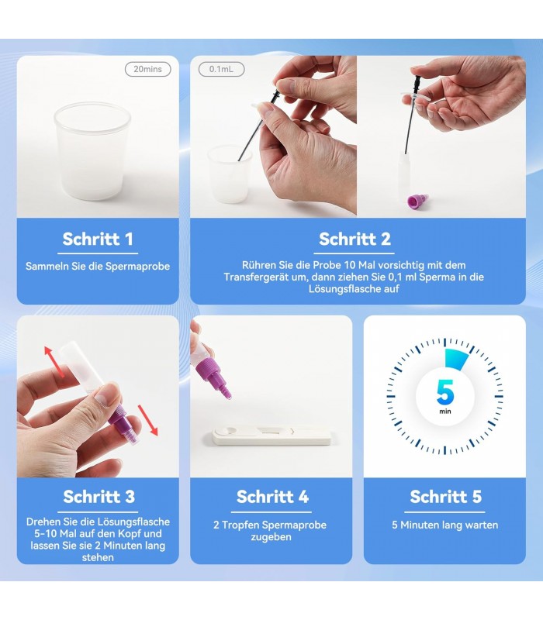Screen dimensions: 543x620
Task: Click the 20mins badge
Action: (x=147, y=69)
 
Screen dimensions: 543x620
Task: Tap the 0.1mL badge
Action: (x=221, y=69)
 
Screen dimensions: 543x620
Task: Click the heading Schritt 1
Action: (x=98, y=239)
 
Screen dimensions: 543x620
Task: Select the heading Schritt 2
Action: (x=355, y=239)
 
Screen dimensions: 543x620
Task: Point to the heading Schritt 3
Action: (x=99, y=497)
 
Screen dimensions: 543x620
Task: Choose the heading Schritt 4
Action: (x=272, y=497)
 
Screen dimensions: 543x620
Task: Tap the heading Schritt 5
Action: (x=445, y=497)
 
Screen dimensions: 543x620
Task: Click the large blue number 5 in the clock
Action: (x=445, y=392)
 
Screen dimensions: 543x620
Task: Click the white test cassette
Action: (x=271, y=436)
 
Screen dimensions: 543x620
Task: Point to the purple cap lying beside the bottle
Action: (x=418, y=201)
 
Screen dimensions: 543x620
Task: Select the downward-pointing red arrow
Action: (x=147, y=420)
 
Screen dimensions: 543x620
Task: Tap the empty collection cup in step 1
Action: (x=92, y=151)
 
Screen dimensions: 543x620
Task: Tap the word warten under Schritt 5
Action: (x=481, y=525)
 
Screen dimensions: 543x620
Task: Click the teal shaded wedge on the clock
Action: (x=455, y=359)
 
